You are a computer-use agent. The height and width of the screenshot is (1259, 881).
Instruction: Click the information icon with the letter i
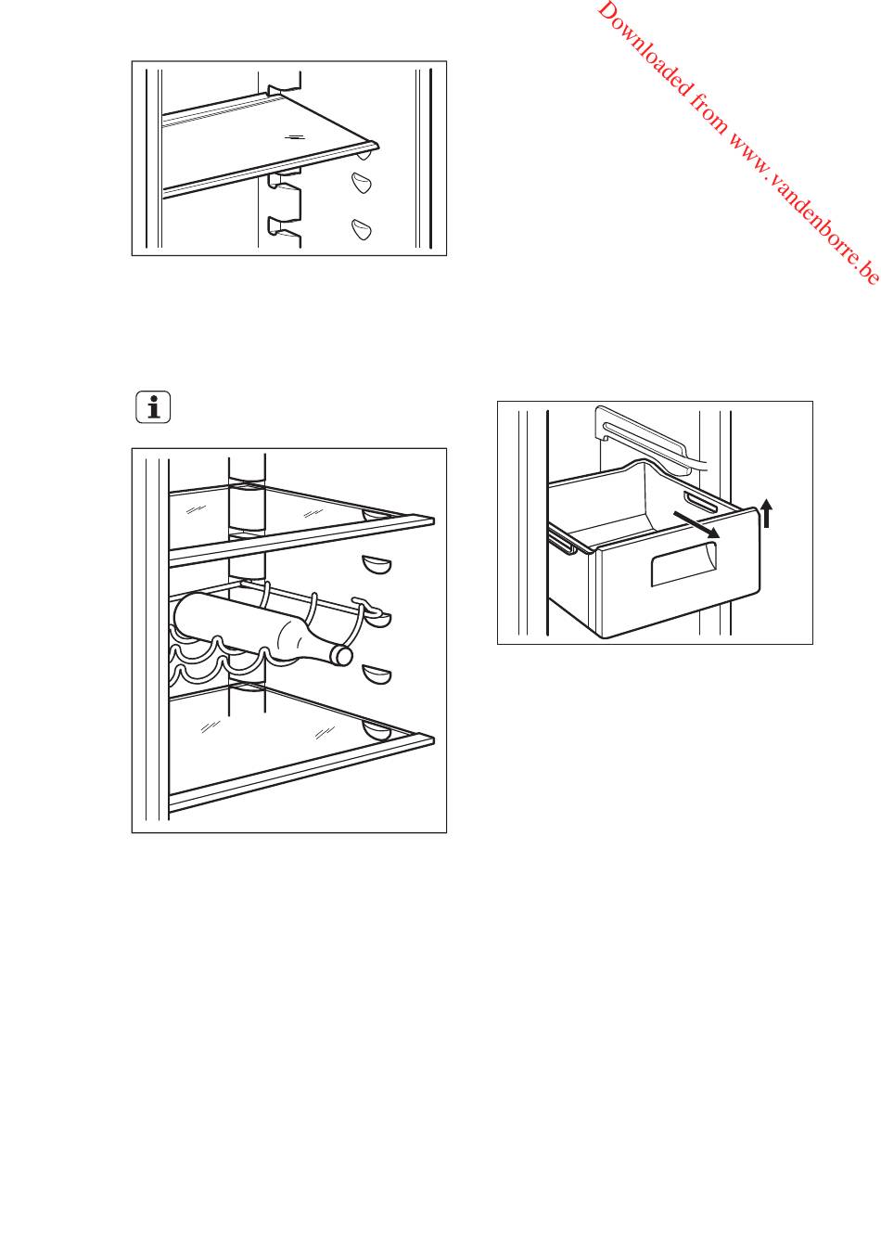(x=153, y=407)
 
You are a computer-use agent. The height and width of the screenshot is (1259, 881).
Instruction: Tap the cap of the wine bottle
(x=344, y=656)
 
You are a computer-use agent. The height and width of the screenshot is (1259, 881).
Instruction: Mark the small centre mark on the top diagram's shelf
(x=293, y=135)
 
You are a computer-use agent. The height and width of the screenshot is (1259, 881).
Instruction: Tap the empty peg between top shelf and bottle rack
(x=375, y=564)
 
